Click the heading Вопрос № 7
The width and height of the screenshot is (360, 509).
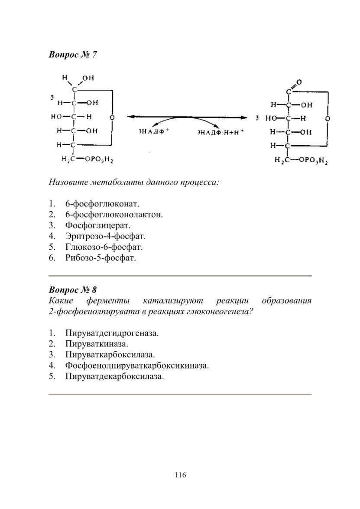(73, 55)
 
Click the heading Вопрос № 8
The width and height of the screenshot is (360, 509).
(73, 290)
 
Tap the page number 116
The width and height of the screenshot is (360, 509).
(180, 475)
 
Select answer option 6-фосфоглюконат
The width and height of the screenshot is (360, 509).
(102, 204)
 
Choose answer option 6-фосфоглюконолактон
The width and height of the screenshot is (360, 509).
(114, 215)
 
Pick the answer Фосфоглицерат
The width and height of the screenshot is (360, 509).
(97, 225)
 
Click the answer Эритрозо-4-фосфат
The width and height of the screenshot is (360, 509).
(105, 236)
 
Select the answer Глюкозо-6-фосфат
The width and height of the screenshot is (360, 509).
(104, 247)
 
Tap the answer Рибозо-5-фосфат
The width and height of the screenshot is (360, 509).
(101, 258)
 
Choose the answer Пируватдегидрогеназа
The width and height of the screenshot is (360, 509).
(112, 333)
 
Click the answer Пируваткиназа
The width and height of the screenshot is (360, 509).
(97, 344)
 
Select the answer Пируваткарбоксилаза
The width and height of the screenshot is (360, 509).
(110, 355)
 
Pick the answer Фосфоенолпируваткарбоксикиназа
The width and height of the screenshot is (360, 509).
(137, 365)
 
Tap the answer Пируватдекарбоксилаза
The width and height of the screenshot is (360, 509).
(114, 377)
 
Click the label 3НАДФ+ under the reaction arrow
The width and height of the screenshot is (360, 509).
(154, 131)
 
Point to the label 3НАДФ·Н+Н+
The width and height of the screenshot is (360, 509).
(220, 132)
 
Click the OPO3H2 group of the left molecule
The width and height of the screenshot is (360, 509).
(99, 160)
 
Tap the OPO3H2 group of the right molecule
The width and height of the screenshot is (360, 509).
(313, 160)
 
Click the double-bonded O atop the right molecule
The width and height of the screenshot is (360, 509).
(299, 82)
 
